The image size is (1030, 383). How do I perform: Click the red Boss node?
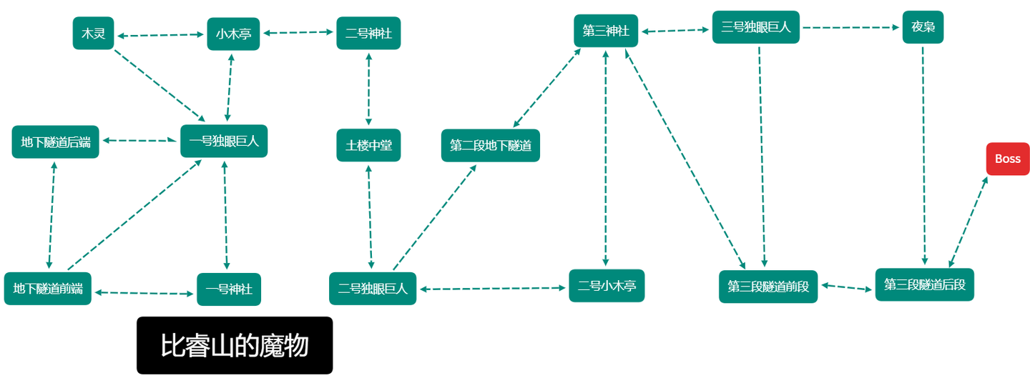point(1007,159)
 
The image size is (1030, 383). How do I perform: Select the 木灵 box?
point(94,34)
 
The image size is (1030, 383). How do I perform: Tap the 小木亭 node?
point(233,34)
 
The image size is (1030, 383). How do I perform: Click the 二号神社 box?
point(368,33)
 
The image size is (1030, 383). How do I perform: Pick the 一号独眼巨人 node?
point(224,141)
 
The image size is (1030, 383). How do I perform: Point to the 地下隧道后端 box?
point(56,141)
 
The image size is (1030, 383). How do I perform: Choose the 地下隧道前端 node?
point(48,289)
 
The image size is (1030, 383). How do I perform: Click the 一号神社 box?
point(229,289)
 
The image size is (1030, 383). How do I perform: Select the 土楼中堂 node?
point(368,145)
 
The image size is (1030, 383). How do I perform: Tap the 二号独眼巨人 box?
point(373,289)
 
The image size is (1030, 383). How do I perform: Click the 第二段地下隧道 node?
point(491,146)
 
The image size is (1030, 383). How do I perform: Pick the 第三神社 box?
point(606,31)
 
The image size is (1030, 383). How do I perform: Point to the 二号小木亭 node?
point(607,286)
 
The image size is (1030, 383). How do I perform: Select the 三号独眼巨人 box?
point(756,27)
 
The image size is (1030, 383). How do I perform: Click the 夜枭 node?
point(923,27)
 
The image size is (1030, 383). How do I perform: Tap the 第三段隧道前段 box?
point(768,287)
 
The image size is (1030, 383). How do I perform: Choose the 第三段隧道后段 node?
point(925,284)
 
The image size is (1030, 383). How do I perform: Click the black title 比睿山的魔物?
point(235,345)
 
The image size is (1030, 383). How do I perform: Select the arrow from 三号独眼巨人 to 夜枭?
point(851,28)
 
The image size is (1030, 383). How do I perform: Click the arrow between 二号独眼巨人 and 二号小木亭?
point(493,289)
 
